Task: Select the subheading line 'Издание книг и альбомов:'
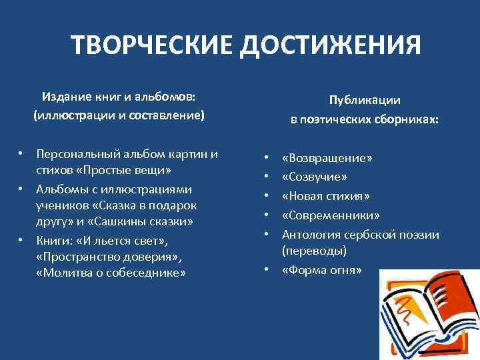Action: pos(119,97)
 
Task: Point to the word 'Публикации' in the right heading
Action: pos(364,100)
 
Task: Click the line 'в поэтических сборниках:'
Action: pos(364,119)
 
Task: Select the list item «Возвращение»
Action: pos(327,159)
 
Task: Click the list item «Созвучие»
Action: pos(315,177)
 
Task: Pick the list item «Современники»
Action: pos(331,215)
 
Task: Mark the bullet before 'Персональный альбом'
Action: pos(21,153)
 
